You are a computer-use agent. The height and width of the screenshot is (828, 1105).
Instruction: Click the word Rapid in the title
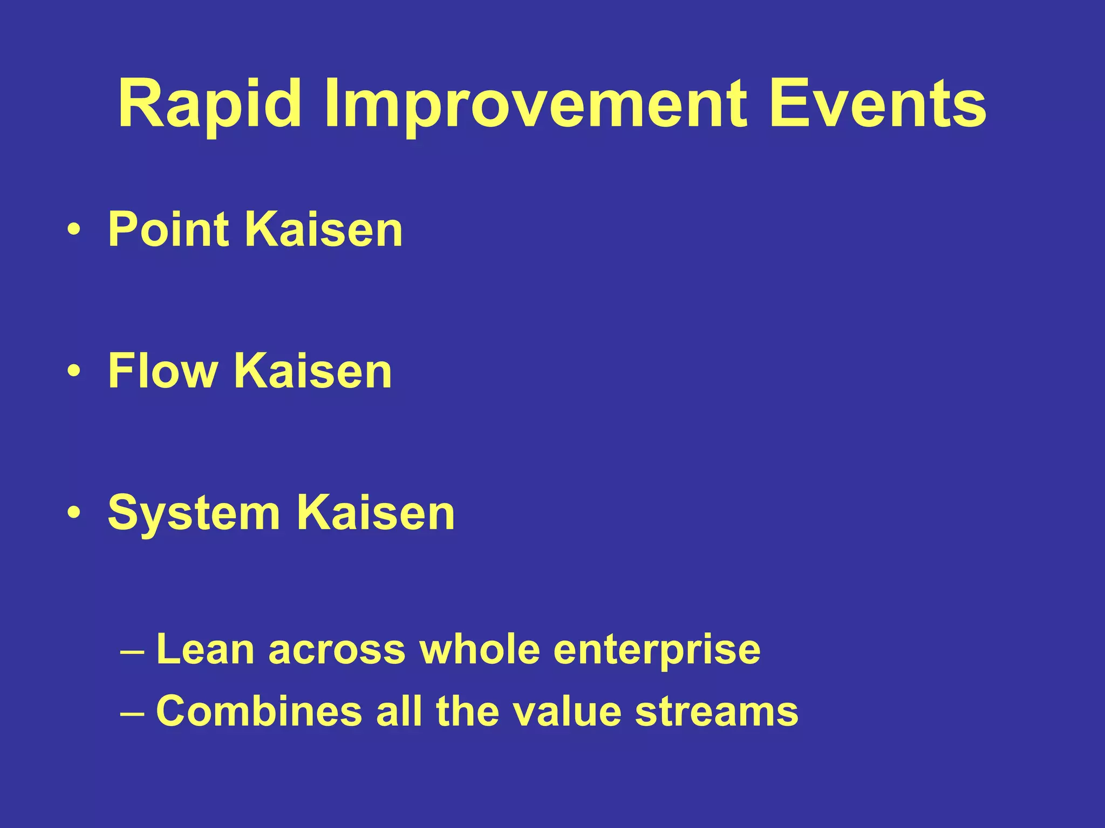(x=209, y=104)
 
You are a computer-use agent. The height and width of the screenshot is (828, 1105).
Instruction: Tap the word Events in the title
(x=878, y=104)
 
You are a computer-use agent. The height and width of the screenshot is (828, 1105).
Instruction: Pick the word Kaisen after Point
(x=324, y=229)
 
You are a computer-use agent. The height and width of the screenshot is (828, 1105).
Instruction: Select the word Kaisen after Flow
(x=313, y=371)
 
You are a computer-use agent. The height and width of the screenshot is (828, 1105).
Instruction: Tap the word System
(x=194, y=513)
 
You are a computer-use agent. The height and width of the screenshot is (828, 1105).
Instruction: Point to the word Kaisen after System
(x=376, y=513)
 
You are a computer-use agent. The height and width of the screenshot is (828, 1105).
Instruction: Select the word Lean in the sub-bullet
(x=205, y=649)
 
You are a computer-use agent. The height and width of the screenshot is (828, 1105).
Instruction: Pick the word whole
(x=480, y=649)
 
